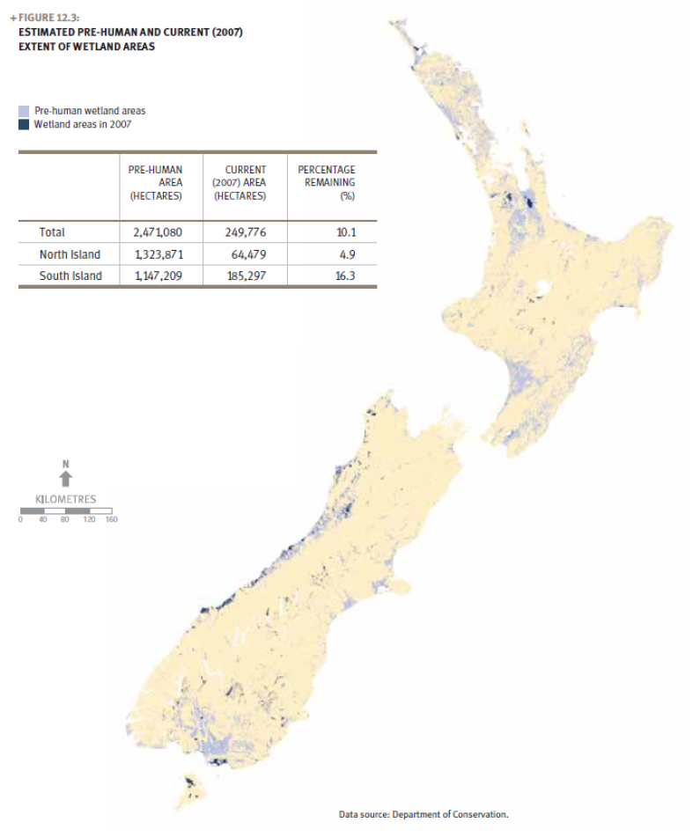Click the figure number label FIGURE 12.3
pos(47,16)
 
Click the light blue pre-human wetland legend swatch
pos(24,112)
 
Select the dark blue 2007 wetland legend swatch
pos(24,124)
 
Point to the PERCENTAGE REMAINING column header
pos(327,182)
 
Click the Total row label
pos(52,232)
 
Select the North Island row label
pos(70,254)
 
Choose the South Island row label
pos(70,276)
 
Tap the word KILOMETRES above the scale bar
pos(66,499)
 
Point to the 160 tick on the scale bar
pos(111,519)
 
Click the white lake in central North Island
pos(543,289)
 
